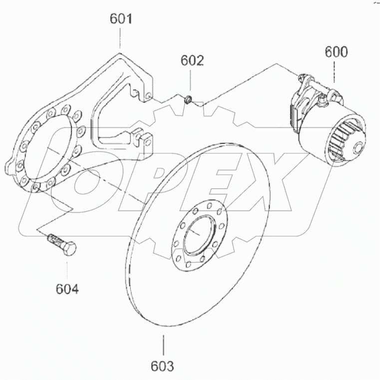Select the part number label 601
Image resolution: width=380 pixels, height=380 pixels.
(x=121, y=20)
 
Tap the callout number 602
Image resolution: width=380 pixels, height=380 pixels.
(x=192, y=60)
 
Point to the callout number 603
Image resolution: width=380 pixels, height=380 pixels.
(x=163, y=366)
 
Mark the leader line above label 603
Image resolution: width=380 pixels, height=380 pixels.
(x=163, y=345)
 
